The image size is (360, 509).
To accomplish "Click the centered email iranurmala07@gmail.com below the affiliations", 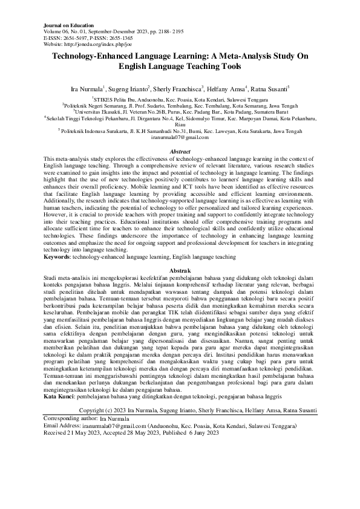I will [179, 138].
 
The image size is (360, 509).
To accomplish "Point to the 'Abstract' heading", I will [180, 152].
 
